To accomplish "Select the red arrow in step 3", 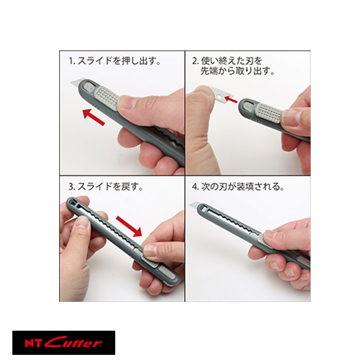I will [x=128, y=226].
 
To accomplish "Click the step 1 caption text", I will [x=115, y=61].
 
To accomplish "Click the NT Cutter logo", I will [x=64, y=343].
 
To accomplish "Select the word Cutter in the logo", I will [x=78, y=343].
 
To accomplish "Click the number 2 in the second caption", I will [x=195, y=61].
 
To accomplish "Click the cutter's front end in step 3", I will [x=73, y=202].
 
